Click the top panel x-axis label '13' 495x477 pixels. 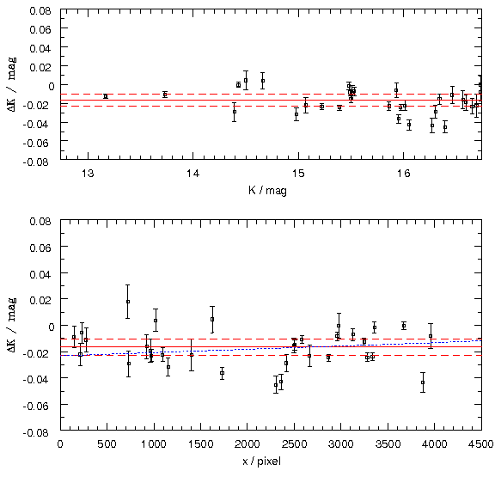pos(88,174)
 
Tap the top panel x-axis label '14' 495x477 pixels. pos(192,174)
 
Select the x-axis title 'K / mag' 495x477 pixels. pos(268,190)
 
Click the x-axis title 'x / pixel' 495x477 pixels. pos(262,462)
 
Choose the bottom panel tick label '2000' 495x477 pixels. pos(247,444)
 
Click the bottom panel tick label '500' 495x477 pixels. pos(107,444)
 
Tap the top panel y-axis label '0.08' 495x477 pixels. pos(40,10)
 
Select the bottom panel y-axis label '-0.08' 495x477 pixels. pos(36,432)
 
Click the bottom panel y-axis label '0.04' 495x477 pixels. pos(40,274)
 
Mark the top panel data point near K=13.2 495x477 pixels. pos(106,96)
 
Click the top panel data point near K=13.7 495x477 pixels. pos(165,95)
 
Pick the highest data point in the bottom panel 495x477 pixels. pos(128,302)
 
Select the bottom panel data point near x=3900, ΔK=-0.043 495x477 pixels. pos(423,382)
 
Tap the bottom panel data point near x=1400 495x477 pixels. pos(192,355)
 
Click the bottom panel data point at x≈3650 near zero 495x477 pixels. pos(404,326)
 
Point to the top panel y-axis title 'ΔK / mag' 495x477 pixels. pos(12,84)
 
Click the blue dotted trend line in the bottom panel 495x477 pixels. pos(271,348)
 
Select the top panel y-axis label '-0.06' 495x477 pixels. pos(36,143)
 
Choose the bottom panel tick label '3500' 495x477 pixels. pos(387,444)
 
